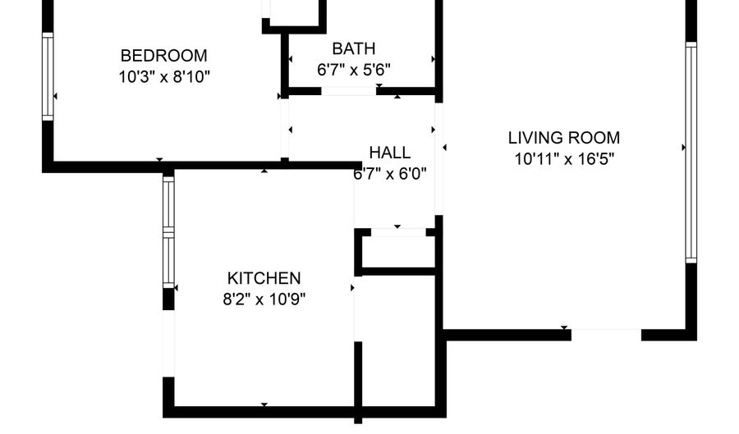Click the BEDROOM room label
tap(163, 56)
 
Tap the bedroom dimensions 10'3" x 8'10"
tap(164, 76)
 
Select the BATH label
tap(353, 48)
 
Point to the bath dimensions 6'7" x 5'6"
tap(353, 70)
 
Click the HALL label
tap(390, 153)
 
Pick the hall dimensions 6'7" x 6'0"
tap(390, 174)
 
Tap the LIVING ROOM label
tap(563, 138)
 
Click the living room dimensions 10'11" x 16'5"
tap(563, 158)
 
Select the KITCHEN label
tap(264, 278)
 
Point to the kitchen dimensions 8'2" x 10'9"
tap(264, 299)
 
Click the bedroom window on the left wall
tap(48, 76)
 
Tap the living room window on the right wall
tap(691, 152)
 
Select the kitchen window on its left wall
tap(168, 231)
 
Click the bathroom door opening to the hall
tap(349, 91)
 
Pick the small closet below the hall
tap(398, 251)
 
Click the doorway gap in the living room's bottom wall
tap(606, 335)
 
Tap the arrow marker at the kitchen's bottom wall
tap(264, 404)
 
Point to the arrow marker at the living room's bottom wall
tap(564, 327)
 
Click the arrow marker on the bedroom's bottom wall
tap(160, 160)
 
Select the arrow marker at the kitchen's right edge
tap(352, 288)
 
